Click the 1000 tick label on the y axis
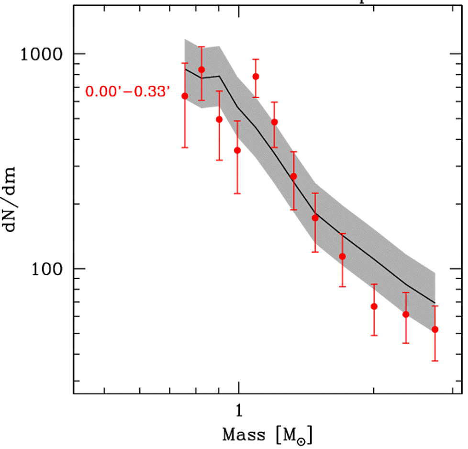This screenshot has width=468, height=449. (x=42, y=54)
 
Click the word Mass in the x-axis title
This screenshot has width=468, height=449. (x=244, y=435)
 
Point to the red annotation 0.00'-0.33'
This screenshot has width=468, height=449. (x=128, y=91)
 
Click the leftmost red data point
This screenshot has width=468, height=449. (x=185, y=96)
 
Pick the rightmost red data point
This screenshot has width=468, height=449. (x=435, y=329)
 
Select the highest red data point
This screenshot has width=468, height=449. (x=201, y=69)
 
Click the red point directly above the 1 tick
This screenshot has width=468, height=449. (x=237, y=150)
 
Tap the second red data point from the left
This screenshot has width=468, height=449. (x=201, y=69)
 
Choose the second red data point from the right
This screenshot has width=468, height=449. (x=406, y=314)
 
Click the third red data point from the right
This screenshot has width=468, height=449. (x=374, y=306)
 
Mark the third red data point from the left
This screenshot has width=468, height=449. (x=219, y=119)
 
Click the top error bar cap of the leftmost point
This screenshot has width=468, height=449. (x=185, y=63)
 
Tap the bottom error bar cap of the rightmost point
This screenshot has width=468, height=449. (x=435, y=361)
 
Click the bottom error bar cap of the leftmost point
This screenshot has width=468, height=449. (x=185, y=147)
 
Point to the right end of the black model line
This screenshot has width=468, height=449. (x=435, y=303)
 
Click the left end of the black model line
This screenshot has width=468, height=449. (x=185, y=69)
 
